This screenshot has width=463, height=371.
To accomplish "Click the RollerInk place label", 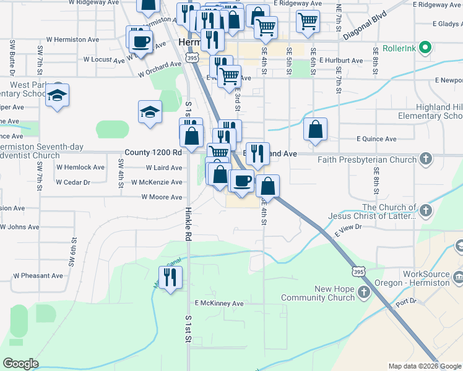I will coord(400,47).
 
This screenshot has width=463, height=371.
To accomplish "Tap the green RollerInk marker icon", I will coord(425,47).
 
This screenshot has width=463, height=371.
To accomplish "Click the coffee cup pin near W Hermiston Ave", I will coord(140,41).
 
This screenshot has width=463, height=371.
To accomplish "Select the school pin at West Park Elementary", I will coord(58,95).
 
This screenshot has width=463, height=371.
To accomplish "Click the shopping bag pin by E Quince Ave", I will coord(316,129).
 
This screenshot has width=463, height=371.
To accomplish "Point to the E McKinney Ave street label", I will coord(220,304).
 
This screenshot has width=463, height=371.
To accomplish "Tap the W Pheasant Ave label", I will coord(38,276).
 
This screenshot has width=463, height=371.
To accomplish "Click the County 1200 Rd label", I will coord(153,152).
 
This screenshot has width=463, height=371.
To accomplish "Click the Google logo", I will coord(21,364).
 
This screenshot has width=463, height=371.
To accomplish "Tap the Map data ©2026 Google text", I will coord(424,366).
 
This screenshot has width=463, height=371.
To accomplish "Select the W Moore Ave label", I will coord(162,197).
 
